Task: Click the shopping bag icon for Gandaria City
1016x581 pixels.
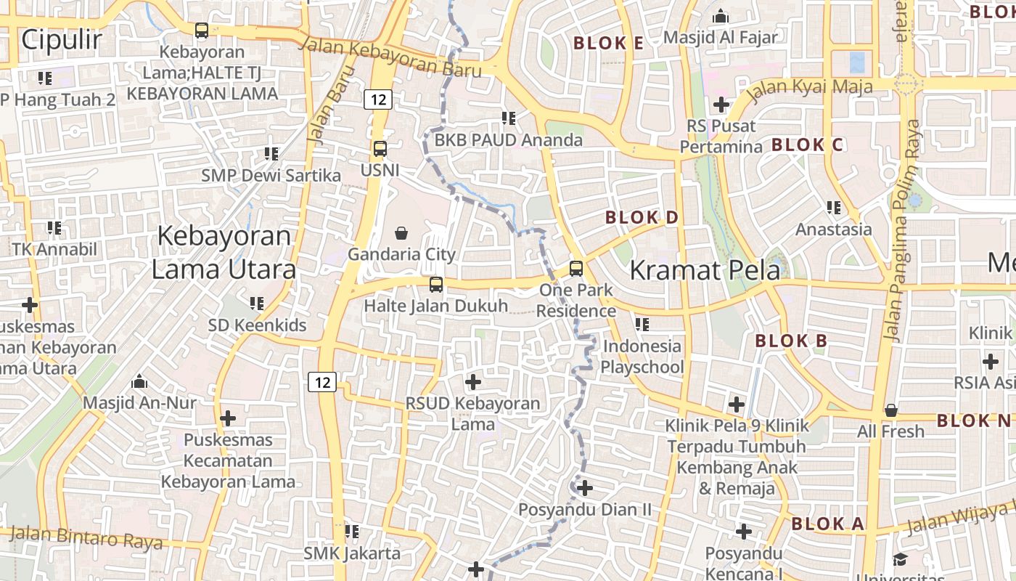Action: [x=401, y=233]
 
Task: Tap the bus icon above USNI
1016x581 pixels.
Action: [x=380, y=149]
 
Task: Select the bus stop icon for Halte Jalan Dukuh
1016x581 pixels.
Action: [x=435, y=285]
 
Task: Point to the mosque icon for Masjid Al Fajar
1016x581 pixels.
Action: [x=721, y=15]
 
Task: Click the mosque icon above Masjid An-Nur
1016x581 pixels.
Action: [x=139, y=381]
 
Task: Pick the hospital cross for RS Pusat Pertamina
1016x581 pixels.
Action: [x=721, y=105]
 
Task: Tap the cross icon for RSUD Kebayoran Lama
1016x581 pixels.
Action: [x=473, y=381]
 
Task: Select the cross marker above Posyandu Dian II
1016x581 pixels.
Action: [x=585, y=488]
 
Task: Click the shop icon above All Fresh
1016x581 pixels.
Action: [x=891, y=410]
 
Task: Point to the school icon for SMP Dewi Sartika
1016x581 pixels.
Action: [x=271, y=153]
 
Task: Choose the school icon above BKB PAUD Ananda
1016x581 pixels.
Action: [x=509, y=118]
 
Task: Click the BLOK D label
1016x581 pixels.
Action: [x=642, y=217]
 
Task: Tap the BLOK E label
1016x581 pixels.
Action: [x=608, y=43]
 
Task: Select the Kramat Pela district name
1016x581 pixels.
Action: [x=705, y=270]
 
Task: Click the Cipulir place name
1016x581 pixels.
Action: [x=62, y=40]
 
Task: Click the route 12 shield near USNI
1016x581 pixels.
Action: [x=378, y=99]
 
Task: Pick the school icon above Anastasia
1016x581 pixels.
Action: [x=834, y=208]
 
